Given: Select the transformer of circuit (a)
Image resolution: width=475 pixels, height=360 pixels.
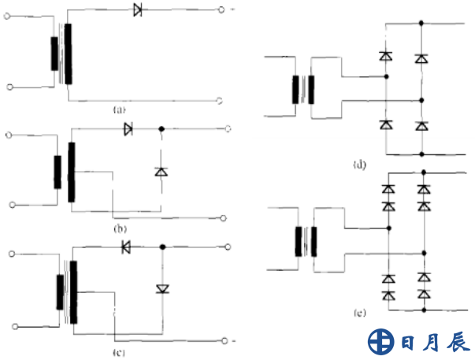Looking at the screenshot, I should [x=61, y=54].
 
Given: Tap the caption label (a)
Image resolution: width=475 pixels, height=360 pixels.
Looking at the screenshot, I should [x=119, y=109].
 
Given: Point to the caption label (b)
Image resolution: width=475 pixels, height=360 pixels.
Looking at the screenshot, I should [x=120, y=227].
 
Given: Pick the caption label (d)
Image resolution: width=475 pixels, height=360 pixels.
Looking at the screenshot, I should [x=359, y=165].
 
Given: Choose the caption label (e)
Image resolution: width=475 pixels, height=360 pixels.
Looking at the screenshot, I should [x=360, y=314].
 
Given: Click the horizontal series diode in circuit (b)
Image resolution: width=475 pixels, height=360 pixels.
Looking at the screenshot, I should [x=128, y=128].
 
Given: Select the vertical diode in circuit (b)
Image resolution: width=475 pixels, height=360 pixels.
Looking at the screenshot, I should [x=161, y=171].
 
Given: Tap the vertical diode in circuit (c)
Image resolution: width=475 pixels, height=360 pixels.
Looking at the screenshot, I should [x=162, y=288].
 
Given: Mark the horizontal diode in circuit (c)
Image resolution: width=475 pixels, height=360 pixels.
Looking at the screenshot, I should [x=126, y=247].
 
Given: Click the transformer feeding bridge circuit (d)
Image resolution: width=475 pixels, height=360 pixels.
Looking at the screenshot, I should [x=304, y=89].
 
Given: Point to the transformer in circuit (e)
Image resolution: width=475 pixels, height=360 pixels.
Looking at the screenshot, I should [x=305, y=241].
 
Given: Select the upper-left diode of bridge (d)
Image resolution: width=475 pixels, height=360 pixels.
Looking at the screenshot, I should [x=385, y=57].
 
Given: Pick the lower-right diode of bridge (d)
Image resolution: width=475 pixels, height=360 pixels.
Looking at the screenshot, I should [x=422, y=125].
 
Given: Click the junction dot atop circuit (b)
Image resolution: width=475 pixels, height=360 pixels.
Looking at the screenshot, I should [x=161, y=128].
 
